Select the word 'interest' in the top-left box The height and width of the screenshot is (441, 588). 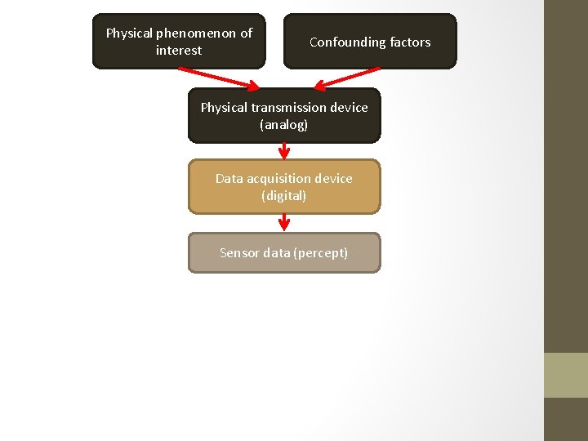point(179,51)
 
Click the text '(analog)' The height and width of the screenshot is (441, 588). point(284,125)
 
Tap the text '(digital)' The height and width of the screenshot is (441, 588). point(284,196)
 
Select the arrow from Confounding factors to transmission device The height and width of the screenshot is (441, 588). point(347,78)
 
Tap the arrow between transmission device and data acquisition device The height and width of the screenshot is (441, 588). point(284,151)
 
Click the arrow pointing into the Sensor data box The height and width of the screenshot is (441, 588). point(284,223)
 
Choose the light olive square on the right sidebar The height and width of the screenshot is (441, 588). point(566,375)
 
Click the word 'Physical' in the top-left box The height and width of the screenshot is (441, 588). point(129,33)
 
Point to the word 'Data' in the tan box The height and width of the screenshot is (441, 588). point(229,178)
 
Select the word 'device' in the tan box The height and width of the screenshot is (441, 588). point(334,178)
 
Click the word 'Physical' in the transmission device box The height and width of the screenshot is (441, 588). point(224,108)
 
